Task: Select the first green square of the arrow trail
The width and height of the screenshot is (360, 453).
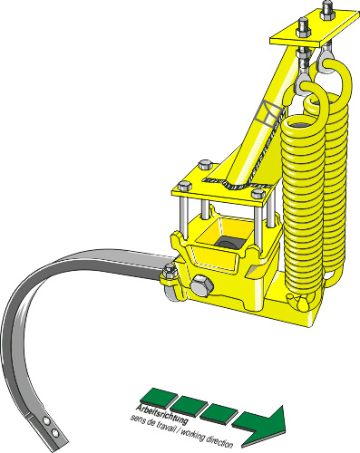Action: pos(157,396)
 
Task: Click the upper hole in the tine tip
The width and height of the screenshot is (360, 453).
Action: pos(46,420)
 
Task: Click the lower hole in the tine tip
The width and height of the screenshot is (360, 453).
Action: pos(54,433)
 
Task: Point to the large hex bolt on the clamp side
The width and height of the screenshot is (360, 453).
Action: pos(201,285)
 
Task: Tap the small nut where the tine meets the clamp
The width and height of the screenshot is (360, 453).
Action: pos(170,272)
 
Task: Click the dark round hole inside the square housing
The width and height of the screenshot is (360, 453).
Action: pos(226,245)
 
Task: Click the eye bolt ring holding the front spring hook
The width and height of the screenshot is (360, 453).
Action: pos(303,84)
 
